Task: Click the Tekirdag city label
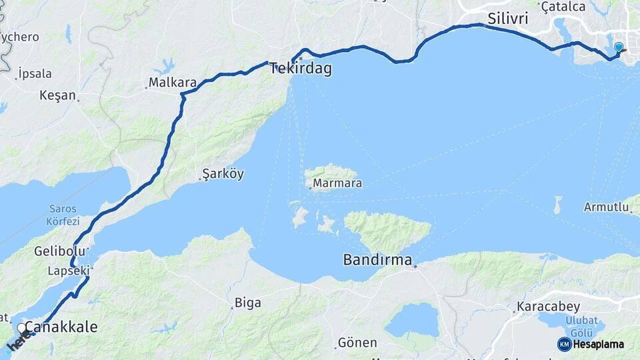point(301,68)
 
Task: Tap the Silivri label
point(507,19)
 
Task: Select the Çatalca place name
point(563,7)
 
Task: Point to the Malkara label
point(172,83)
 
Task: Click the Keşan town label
point(58,95)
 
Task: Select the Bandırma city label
point(377,259)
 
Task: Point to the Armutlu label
point(607,207)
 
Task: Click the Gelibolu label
point(60,251)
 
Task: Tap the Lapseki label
point(68,271)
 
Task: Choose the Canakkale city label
point(61,327)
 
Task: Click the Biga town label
point(247,303)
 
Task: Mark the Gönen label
point(357,343)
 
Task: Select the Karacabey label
point(543,309)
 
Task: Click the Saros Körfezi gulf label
point(63,215)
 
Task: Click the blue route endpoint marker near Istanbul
point(619,47)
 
